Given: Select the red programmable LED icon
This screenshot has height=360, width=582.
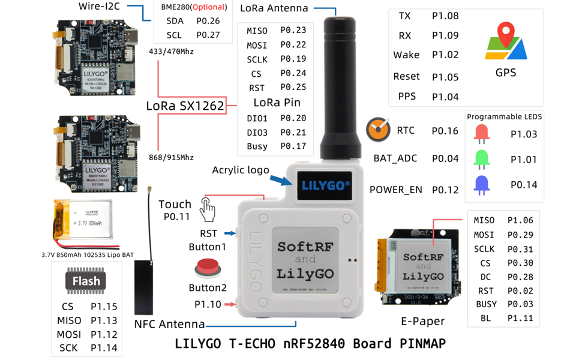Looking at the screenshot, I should tap(481, 133).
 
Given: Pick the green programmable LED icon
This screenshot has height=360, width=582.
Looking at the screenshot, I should tap(481, 159).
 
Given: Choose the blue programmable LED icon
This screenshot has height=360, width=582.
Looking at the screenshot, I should tap(481, 185).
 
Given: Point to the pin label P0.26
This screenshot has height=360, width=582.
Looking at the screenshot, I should tap(208, 21).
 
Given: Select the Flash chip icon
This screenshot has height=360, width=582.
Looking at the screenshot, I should tap(86, 282).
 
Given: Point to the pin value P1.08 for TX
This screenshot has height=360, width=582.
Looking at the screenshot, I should tap(445, 16).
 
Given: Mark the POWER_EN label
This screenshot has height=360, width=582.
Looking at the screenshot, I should tap(396, 190).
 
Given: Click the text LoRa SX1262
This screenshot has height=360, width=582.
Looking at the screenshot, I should tap(185, 107).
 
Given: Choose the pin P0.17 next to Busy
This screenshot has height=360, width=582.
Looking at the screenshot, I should tap(293, 146).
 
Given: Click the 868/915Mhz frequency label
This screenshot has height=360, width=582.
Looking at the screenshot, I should tap(171, 157).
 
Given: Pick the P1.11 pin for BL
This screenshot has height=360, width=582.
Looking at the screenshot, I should tap(520, 318).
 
